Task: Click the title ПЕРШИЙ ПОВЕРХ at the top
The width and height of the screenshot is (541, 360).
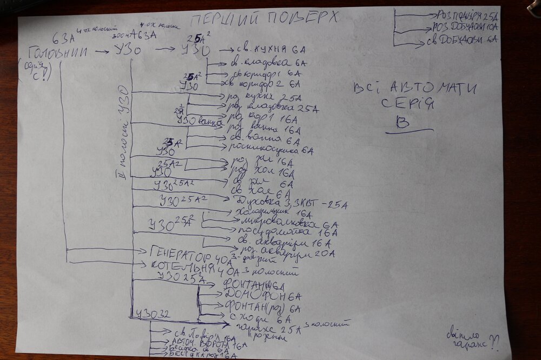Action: (265, 19)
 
